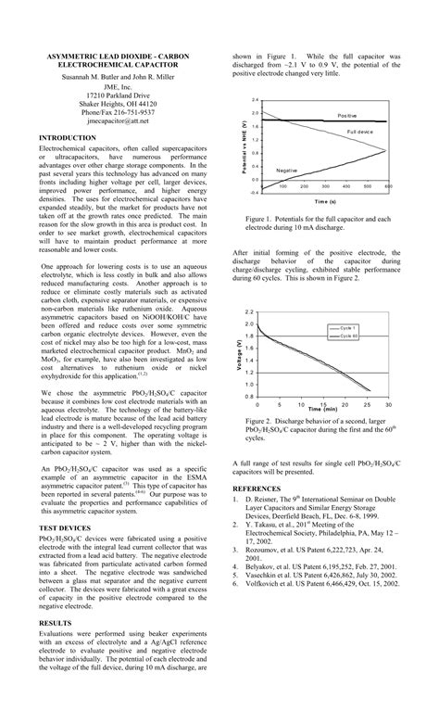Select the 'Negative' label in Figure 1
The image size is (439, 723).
tap(287, 171)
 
